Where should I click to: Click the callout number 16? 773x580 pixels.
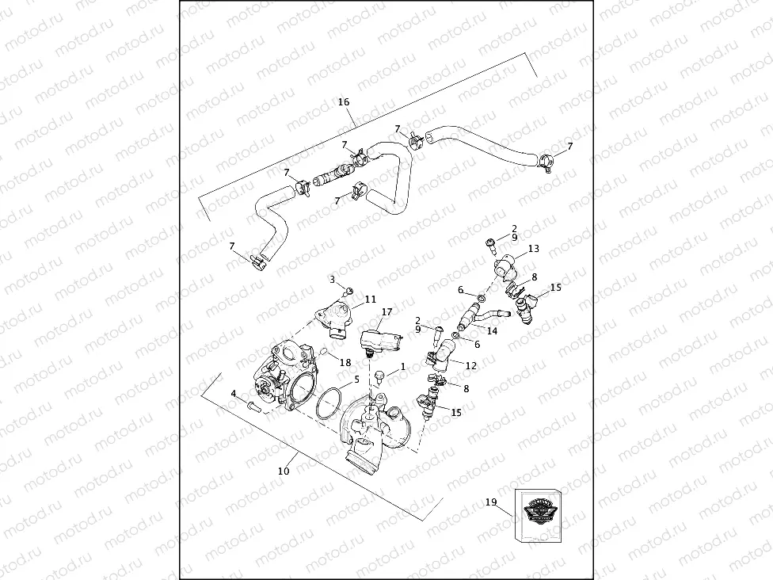pyautogui.click(x=344, y=102)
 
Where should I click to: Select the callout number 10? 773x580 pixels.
pyautogui.click(x=284, y=471)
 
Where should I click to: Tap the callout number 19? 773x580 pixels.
pyautogui.click(x=490, y=502)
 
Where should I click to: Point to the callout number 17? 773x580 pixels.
pyautogui.click(x=386, y=312)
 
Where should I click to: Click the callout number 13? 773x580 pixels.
pyautogui.click(x=533, y=249)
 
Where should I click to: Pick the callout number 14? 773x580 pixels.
pyautogui.click(x=492, y=331)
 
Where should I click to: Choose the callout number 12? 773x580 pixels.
pyautogui.click(x=471, y=366)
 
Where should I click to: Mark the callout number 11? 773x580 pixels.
pyautogui.click(x=370, y=300)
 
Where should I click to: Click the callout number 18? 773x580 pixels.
pyautogui.click(x=345, y=363)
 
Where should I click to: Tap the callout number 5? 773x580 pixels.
pyautogui.click(x=357, y=380)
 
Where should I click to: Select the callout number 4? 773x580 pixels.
pyautogui.click(x=234, y=393)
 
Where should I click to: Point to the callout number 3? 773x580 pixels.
pyautogui.click(x=333, y=280)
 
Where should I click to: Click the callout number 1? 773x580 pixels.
pyautogui.click(x=402, y=367)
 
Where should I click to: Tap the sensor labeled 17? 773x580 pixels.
pyautogui.click(x=379, y=340)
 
